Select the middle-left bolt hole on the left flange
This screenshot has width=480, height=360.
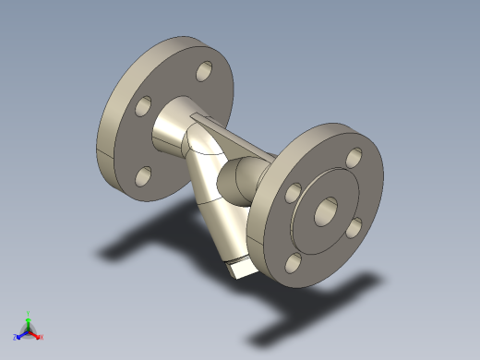[143, 107]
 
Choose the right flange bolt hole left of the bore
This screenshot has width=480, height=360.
[293, 194]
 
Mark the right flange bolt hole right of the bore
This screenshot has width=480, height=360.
[355, 226]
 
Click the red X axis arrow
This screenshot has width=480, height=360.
[40, 336]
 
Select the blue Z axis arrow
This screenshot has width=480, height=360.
[19, 334]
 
